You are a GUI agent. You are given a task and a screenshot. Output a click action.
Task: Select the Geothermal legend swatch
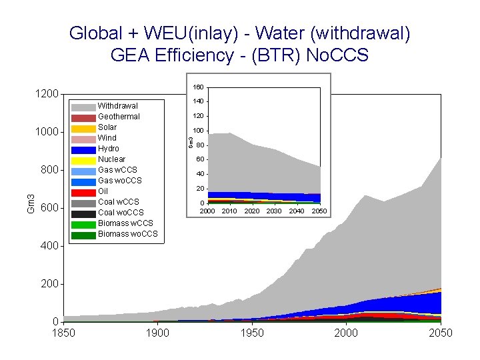[83, 117]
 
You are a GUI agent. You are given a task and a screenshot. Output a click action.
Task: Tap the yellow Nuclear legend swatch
[83, 160]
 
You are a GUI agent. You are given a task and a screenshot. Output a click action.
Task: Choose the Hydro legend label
[109, 149]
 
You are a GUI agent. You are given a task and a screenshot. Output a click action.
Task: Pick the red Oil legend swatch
[83, 192]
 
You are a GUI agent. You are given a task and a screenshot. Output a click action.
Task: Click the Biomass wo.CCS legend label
[127, 234]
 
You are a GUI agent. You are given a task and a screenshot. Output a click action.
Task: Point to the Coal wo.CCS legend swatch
[83, 213]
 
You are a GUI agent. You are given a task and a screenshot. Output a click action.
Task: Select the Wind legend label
[107, 138]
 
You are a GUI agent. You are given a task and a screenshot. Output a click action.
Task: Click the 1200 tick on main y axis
[47, 94]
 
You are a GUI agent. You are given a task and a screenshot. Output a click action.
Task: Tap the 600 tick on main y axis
[51, 208]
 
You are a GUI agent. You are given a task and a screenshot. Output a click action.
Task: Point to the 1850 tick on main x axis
[63, 333]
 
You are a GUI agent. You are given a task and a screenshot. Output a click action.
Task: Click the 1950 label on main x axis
[252, 333]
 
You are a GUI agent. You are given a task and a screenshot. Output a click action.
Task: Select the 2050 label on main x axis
[440, 333]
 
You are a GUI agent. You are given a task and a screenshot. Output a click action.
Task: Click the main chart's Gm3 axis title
[30, 203]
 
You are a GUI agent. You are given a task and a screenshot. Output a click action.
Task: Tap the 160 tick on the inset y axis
[199, 87]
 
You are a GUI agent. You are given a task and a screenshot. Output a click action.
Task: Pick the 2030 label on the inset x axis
[275, 211]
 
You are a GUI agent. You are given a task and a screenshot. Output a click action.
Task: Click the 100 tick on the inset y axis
[199, 131]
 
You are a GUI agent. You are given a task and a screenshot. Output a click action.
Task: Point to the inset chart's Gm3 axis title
[190, 142]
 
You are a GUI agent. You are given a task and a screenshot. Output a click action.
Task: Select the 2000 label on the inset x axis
[207, 211]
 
